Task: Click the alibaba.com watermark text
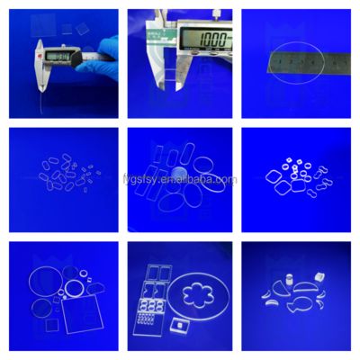pyautogui.click(x=180, y=179)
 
